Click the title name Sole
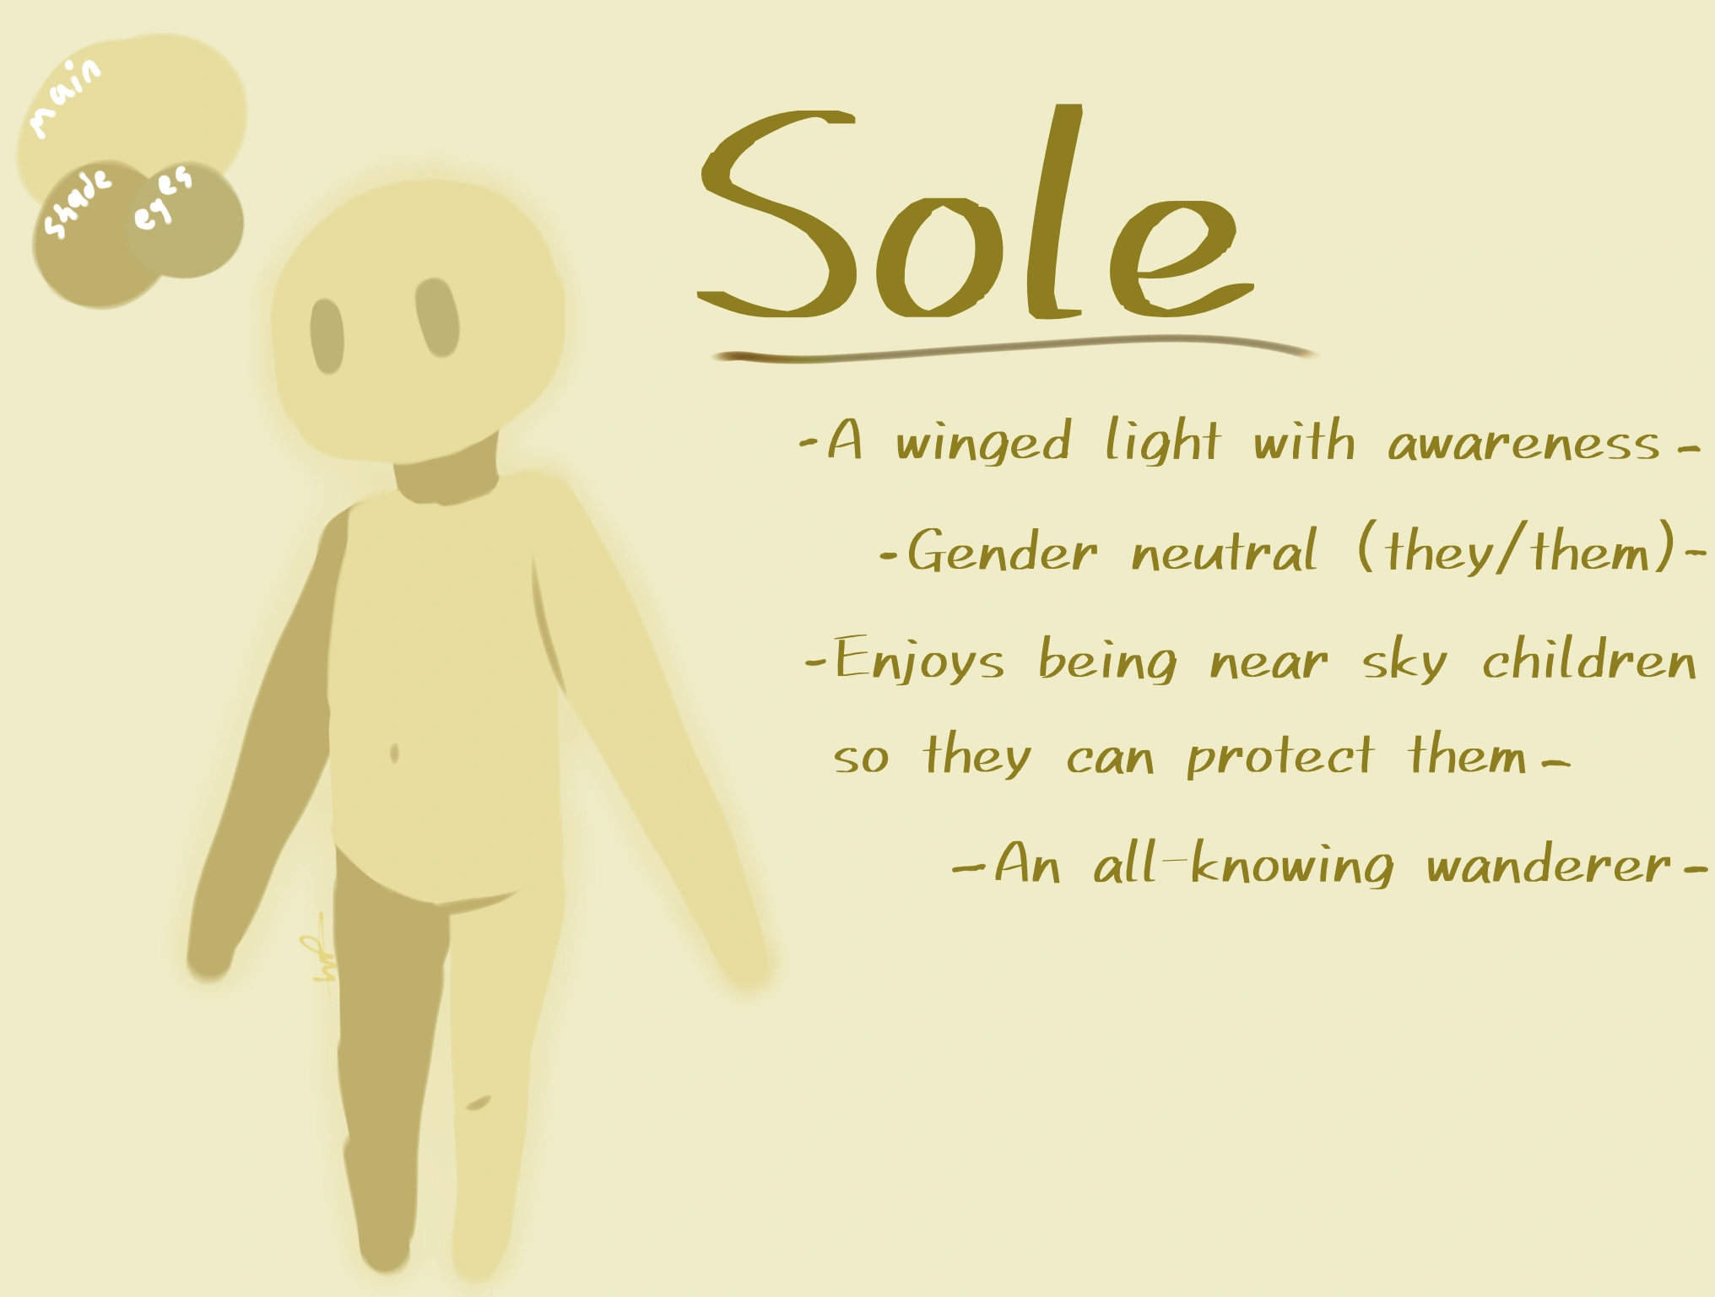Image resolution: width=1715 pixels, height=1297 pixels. coord(975,215)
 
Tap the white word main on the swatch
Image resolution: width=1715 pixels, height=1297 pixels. coord(66,97)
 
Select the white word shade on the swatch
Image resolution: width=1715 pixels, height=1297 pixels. coord(77,203)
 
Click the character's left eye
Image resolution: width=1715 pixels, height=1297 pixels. coord(327,335)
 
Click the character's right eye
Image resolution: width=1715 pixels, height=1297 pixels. coord(437,317)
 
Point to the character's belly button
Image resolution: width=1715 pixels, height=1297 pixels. coord(394,754)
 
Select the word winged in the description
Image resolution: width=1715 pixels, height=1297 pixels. coord(983,441)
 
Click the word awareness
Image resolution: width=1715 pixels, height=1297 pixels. coord(1523,444)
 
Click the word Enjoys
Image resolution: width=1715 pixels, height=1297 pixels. coord(919,660)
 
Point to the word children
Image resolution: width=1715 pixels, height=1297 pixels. coord(1588,660)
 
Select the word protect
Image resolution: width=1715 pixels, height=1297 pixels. coord(1279,756)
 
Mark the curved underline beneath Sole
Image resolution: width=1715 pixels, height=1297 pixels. coord(1013,349)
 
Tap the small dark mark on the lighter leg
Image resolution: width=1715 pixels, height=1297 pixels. coord(478,1102)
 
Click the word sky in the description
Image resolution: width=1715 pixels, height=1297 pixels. coord(1404,662)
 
